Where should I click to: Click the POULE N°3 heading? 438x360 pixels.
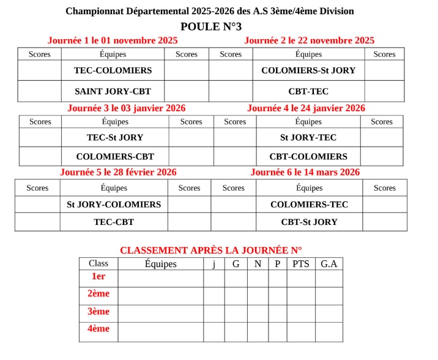click(211, 26)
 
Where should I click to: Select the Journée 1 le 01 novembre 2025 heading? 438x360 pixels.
click(113, 40)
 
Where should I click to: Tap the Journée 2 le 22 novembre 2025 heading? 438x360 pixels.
click(309, 40)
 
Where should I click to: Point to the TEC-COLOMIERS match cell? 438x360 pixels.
click(113, 70)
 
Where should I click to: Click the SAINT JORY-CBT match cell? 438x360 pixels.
click(113, 91)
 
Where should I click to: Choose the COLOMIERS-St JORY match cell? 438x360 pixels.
click(308, 70)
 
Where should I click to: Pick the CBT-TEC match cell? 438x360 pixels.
click(308, 91)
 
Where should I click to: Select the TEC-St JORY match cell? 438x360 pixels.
click(115, 138)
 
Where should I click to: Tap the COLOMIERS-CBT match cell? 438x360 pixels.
click(115, 156)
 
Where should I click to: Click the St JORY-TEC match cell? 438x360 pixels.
click(308, 138)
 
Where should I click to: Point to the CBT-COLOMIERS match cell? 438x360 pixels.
click(308, 156)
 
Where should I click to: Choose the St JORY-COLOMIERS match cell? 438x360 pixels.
click(114, 205)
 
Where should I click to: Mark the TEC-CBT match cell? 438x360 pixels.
click(114, 222)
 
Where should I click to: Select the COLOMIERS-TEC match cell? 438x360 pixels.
click(309, 205)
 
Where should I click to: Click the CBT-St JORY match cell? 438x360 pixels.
click(309, 222)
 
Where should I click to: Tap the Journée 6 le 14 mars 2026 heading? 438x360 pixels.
click(305, 172)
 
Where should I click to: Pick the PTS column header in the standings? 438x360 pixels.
click(301, 264)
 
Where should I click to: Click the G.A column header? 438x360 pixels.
click(328, 264)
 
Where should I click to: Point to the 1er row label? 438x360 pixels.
click(98, 277)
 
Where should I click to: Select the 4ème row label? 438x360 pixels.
click(98, 329)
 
